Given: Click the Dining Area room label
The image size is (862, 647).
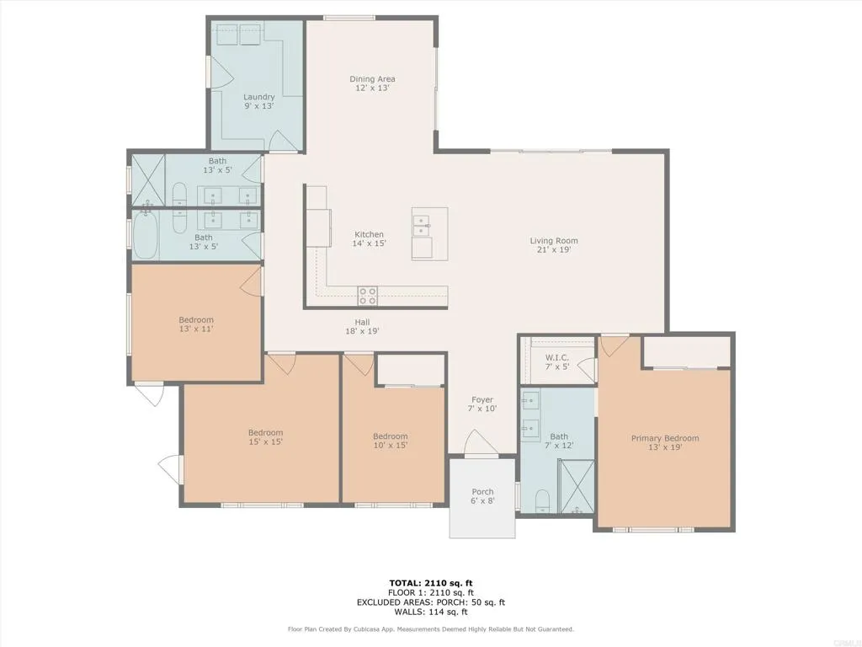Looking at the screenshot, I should pyautogui.click(x=372, y=83).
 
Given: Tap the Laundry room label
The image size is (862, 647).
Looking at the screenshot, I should pyautogui.click(x=258, y=101).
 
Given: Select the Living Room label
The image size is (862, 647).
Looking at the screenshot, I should pyautogui.click(x=553, y=245).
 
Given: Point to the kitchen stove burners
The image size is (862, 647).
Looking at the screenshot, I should pyautogui.click(x=368, y=295).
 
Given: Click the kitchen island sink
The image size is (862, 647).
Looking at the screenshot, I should pyautogui.click(x=421, y=226).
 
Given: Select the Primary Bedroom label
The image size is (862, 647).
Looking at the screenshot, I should pyautogui.click(x=665, y=442).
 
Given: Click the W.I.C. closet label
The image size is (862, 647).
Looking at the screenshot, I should pyautogui.click(x=557, y=361).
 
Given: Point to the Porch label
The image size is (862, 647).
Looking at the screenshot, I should pyautogui.click(x=482, y=496).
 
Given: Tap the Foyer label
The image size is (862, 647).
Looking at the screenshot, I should pyautogui.click(x=482, y=404).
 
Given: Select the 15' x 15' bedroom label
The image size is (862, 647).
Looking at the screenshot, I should pyautogui.click(x=265, y=437).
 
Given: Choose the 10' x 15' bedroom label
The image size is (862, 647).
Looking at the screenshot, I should pyautogui.click(x=390, y=441).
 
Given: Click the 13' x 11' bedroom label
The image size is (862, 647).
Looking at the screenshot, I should pyautogui.click(x=195, y=323).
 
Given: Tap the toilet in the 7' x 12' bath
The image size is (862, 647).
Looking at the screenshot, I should pyautogui.click(x=542, y=500).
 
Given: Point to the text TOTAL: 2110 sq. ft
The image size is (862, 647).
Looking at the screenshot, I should pyautogui.click(x=431, y=582).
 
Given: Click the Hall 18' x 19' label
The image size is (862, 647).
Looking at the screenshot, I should pyautogui.click(x=362, y=326).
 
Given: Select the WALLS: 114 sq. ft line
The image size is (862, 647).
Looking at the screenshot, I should pyautogui.click(x=431, y=612).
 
